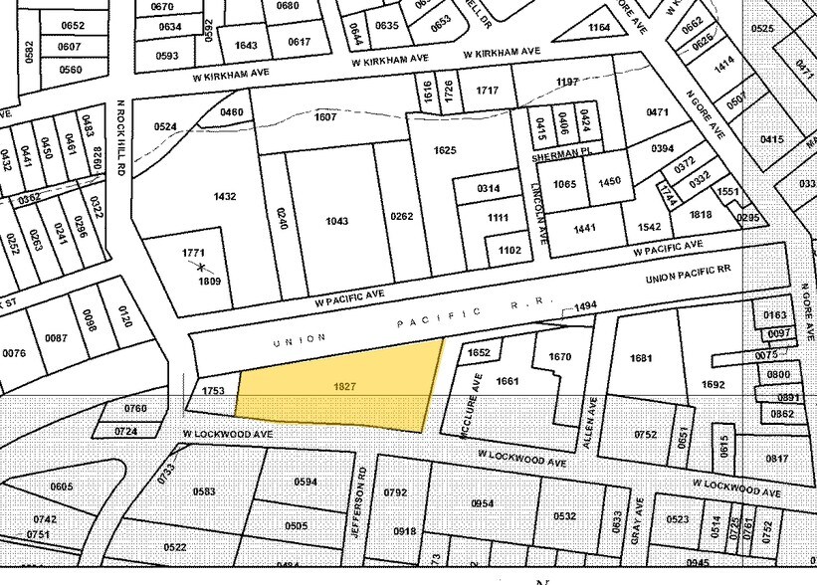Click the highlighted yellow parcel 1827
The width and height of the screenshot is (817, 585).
tap(338, 386)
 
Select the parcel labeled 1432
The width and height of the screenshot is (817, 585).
tap(225, 196)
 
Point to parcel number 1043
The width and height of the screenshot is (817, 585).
tap(336, 220)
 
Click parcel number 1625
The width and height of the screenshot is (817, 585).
tap(445, 150)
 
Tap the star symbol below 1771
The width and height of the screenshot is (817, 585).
tap(200, 267)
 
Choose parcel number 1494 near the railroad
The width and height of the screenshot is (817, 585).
tap(585, 306)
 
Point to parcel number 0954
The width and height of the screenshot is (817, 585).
tap(482, 503)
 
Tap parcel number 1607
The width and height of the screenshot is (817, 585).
tap(325, 116)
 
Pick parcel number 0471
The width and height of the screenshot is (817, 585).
tap(658, 112)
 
